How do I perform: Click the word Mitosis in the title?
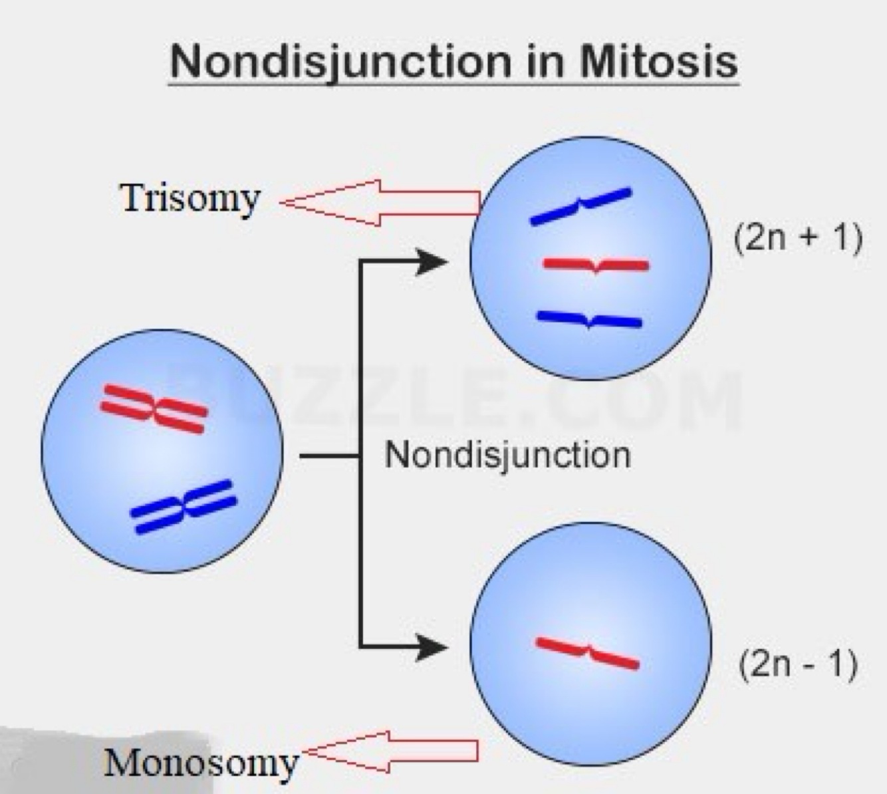tap(659, 61)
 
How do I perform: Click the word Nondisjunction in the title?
tap(340, 63)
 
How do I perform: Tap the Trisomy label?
tap(190, 198)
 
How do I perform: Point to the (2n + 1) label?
tap(798, 237)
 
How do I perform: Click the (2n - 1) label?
tap(797, 664)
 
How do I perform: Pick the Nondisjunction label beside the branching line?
tap(507, 456)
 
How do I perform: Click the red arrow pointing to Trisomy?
tap(379, 202)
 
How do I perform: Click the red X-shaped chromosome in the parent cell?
tap(154, 408)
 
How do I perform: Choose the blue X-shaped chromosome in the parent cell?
tap(184, 507)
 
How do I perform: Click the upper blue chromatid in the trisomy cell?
tap(580, 206)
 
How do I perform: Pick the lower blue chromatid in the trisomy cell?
tap(589, 320)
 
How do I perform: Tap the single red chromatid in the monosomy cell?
tap(587, 652)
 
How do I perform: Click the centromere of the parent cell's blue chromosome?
tap(184, 507)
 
